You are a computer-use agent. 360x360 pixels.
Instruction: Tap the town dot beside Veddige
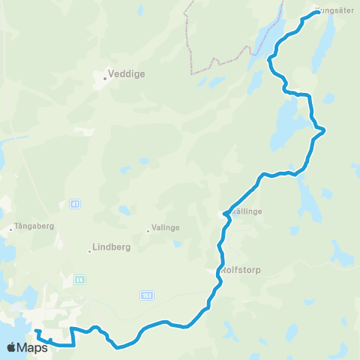(x=105, y=76)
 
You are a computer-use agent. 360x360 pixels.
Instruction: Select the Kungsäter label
(x=337, y=10)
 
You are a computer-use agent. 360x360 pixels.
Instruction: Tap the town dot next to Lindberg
(x=90, y=250)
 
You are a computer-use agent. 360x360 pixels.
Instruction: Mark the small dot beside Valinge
(x=148, y=231)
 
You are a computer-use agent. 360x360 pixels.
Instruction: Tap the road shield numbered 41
(x=74, y=203)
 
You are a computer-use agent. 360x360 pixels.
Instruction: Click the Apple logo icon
(x=12, y=347)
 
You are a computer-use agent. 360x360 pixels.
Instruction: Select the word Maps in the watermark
(x=33, y=348)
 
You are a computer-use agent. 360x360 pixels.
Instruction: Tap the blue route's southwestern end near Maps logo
(x=35, y=331)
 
